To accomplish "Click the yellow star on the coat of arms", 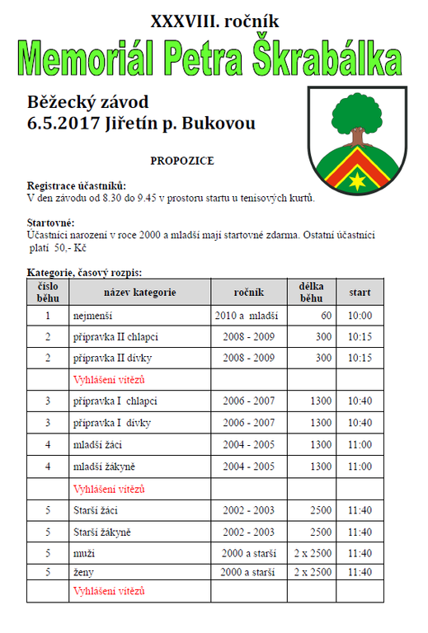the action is (x=357, y=178).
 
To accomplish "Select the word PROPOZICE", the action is (x=182, y=160).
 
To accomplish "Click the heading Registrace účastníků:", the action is (x=77, y=186).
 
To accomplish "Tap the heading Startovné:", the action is (x=51, y=223).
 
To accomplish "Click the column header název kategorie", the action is (x=139, y=292).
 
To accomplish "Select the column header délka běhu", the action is (x=310, y=292).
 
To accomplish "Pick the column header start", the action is (x=360, y=292).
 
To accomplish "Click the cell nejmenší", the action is (x=92, y=316).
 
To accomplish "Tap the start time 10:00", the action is (x=360, y=316).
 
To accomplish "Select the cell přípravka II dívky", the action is (x=112, y=359).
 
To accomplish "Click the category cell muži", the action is (x=84, y=552).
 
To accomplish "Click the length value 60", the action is (x=326, y=316).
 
